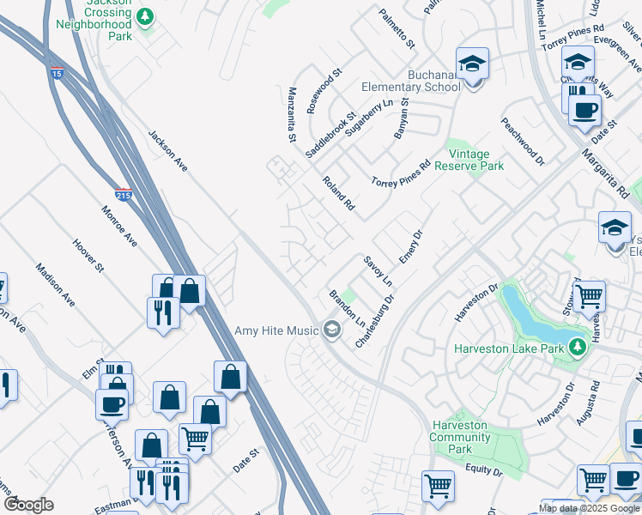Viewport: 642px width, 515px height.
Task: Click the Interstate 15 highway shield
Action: (x=57, y=72)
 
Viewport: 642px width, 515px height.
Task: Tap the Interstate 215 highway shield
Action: (x=123, y=195)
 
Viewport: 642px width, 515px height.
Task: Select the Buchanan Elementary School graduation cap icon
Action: (x=471, y=65)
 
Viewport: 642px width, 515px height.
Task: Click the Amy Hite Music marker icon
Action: (x=331, y=330)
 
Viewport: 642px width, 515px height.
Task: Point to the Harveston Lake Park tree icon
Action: (x=578, y=347)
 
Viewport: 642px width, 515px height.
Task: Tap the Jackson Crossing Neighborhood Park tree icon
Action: (x=146, y=16)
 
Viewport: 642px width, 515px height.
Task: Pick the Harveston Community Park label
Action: (x=461, y=437)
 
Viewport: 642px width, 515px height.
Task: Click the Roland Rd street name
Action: (x=338, y=193)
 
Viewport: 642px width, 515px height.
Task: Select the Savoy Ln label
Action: (x=378, y=271)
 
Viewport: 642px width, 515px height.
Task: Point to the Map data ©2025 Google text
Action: (x=590, y=508)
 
